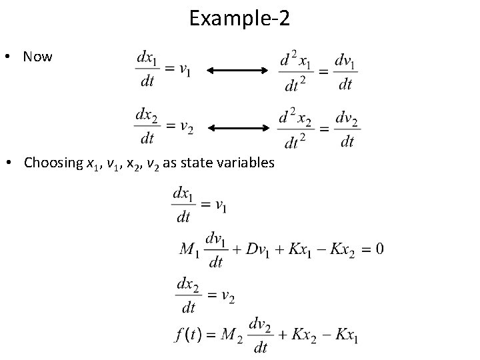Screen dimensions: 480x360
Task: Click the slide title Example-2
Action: click(239, 18)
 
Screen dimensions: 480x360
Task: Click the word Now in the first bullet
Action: click(37, 57)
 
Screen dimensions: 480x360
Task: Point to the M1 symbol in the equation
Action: click(190, 249)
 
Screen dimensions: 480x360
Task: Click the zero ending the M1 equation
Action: click(379, 249)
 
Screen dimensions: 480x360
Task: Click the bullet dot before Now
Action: click(13, 57)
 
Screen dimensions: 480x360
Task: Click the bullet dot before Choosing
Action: click(13, 163)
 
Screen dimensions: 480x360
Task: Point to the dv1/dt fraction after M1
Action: click(215, 249)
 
